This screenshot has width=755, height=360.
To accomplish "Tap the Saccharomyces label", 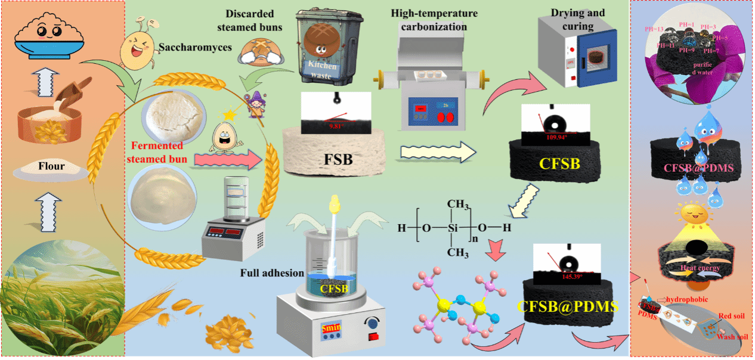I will [196, 47].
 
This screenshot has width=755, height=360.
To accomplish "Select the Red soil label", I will [729, 315].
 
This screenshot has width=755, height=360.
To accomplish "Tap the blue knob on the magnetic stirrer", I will [373, 324].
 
